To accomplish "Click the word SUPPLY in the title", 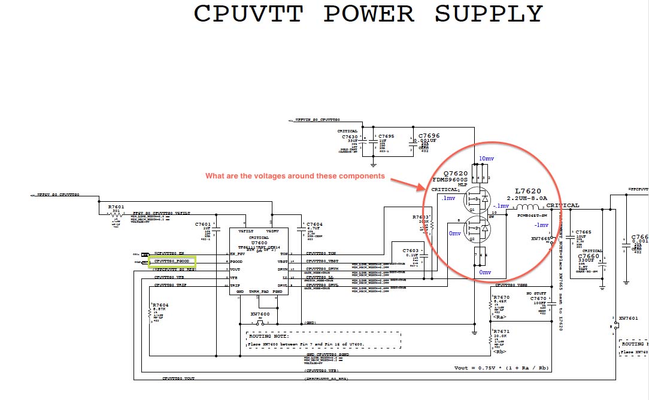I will pyautogui.click(x=489, y=14).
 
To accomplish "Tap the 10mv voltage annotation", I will pyautogui.click(x=486, y=159).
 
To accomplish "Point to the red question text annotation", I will pyautogui.click(x=295, y=176).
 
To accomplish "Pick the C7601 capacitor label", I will pyautogui.click(x=203, y=224).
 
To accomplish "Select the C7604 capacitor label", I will pyautogui.click(x=314, y=224).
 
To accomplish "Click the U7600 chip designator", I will pyautogui.click(x=259, y=243).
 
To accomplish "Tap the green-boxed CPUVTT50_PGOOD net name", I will pyautogui.click(x=172, y=261).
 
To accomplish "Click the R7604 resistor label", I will pyautogui.click(x=160, y=305).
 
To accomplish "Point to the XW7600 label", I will pyautogui.click(x=260, y=314).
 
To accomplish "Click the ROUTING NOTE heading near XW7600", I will pyautogui.click(x=269, y=337).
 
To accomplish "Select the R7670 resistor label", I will pyautogui.click(x=501, y=298).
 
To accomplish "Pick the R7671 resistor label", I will pyautogui.click(x=501, y=331).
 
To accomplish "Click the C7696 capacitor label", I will pyautogui.click(x=429, y=136).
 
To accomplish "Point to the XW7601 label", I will pyautogui.click(x=629, y=318).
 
